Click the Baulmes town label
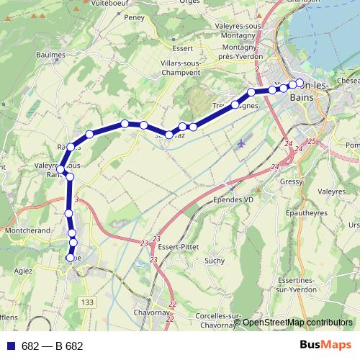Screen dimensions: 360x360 (x=49, y=55)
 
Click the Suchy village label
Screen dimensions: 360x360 (x=215, y=261)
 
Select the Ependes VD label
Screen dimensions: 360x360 (x=233, y=199)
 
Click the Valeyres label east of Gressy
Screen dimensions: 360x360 (x=331, y=192)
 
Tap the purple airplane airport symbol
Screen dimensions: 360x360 (x=240, y=143)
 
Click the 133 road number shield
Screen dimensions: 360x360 (x=87, y=301)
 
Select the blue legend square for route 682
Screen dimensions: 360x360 (x=11, y=346)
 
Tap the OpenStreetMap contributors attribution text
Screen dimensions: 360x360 (x=297, y=323)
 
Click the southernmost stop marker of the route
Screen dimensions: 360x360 (x=71, y=257)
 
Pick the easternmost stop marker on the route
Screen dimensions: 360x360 (x=300, y=83)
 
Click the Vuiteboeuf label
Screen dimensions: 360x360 (x=102, y=4)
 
